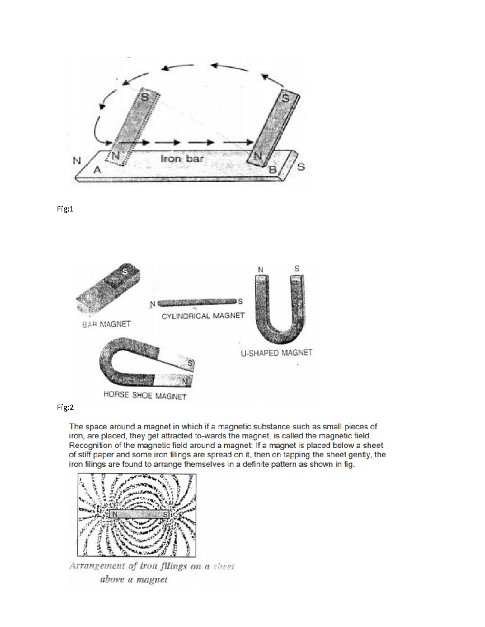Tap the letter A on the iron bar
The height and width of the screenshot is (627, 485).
pos(97,170)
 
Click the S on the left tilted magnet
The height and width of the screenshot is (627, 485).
pos(144,97)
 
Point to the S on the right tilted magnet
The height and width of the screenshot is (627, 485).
pos(286,98)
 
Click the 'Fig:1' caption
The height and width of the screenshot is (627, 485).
pos(65,210)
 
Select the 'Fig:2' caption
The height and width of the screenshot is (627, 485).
pos(65,407)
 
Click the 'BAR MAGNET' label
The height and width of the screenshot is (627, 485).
pos(106,324)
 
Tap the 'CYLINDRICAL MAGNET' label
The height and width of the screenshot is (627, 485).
pos(203,315)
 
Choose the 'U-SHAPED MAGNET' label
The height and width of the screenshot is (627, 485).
pos(276,353)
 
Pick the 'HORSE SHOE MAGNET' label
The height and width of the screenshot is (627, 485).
pos(145,396)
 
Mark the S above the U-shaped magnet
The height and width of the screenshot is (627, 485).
pos(297,268)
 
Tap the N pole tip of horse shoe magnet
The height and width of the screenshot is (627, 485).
pos(185,381)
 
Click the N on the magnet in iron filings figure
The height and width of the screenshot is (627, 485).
pos(114,514)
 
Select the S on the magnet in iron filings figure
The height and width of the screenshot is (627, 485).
pos(165,515)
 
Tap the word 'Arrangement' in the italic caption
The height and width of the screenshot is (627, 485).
pos(96,566)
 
